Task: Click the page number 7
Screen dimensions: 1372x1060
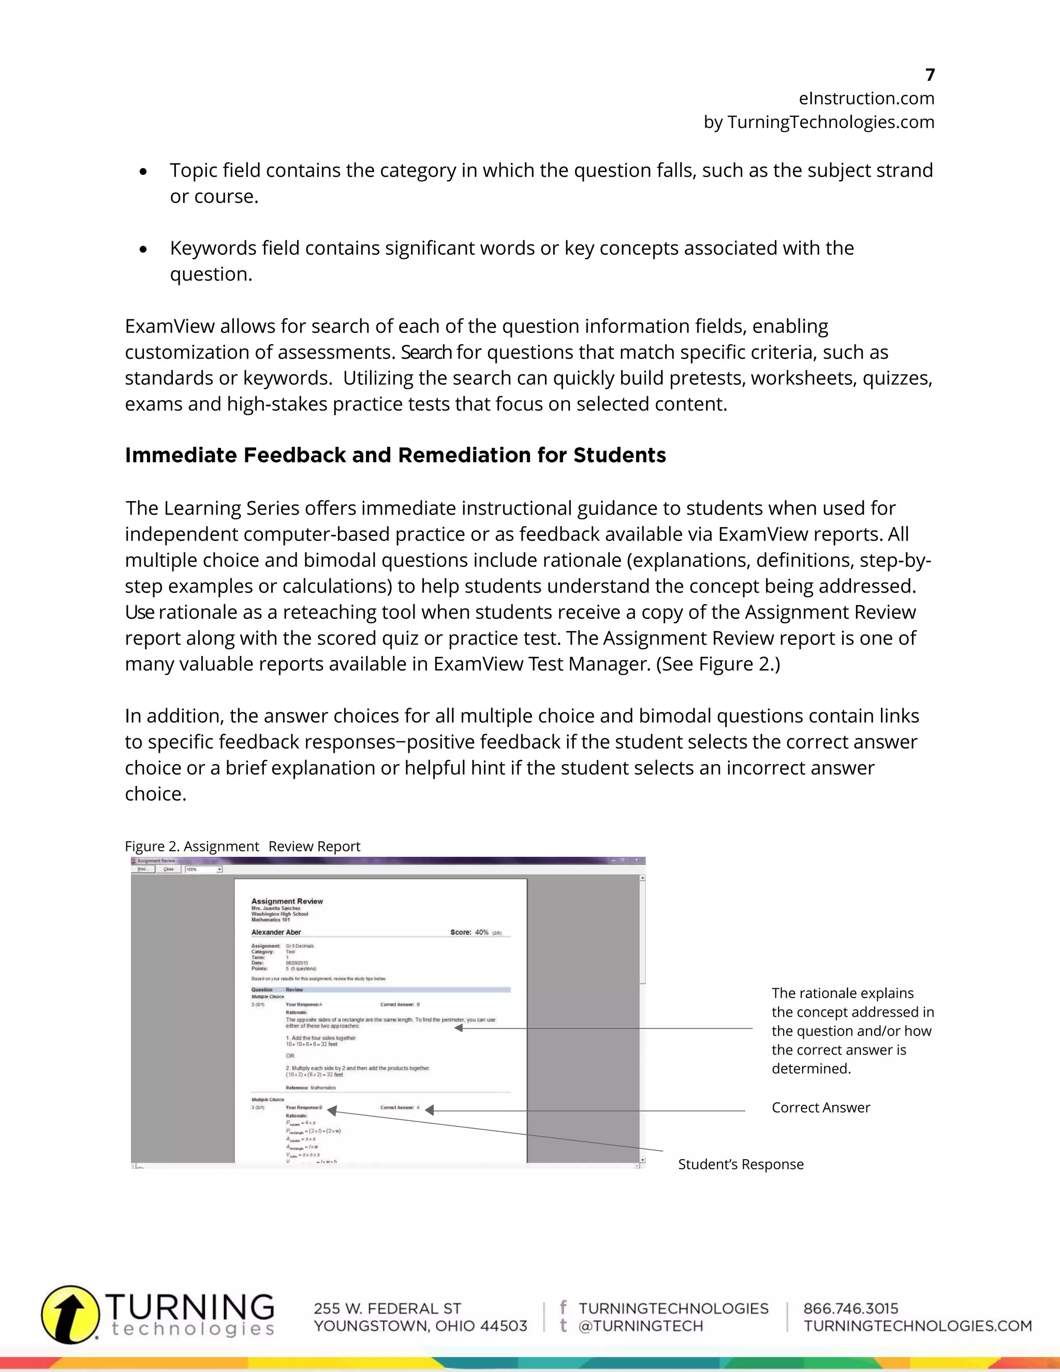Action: pos(930,75)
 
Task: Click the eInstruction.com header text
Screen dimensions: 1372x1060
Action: pos(866,98)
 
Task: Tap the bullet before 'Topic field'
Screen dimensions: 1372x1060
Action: pos(144,171)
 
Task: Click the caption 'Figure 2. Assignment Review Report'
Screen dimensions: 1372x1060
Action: pos(242,846)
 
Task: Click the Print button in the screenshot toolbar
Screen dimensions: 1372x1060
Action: pos(143,869)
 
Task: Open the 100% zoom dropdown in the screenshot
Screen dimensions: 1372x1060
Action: pos(219,869)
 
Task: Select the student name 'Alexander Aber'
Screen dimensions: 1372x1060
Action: pos(276,932)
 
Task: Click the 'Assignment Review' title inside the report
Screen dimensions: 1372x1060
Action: pos(287,901)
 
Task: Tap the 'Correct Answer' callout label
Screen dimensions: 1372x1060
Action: pos(820,1107)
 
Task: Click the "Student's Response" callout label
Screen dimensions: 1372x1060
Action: pos(740,1164)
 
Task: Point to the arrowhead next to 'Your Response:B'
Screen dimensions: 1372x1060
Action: pos(332,1111)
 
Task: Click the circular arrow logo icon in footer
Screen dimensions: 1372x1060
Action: pos(70,1314)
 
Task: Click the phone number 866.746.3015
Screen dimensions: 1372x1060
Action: pos(850,1308)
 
